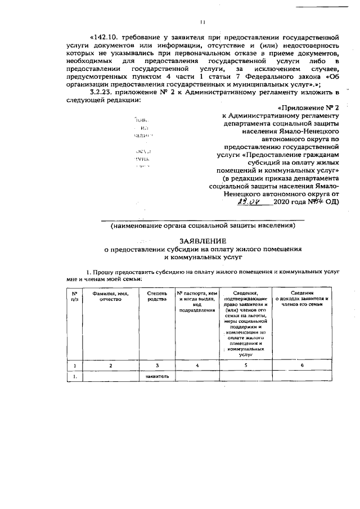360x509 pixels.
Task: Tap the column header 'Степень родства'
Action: tap(156, 296)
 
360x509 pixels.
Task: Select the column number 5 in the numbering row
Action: tap(245, 366)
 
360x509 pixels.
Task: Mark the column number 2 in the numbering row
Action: tap(111, 366)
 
